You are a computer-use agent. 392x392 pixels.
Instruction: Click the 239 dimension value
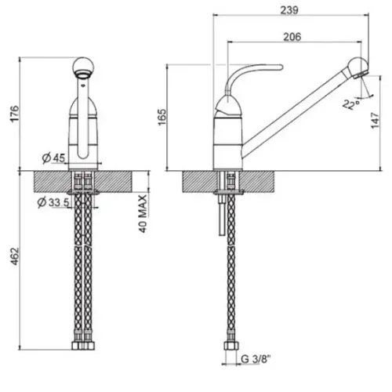[x=289, y=10]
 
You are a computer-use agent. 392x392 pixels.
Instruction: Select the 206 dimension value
[x=292, y=37]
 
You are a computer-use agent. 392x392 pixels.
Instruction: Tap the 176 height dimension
[x=14, y=114]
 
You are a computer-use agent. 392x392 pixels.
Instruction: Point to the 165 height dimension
[x=162, y=117]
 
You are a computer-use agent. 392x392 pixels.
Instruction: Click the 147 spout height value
[x=375, y=120]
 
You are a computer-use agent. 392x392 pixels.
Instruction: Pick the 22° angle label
[x=351, y=103]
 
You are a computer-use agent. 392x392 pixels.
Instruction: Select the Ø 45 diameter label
[x=53, y=158]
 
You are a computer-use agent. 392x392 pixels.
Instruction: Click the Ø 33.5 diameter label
[x=53, y=202]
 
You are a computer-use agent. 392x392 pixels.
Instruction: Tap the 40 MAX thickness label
[x=143, y=214]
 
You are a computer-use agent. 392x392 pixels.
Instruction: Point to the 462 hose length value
[x=14, y=256]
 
